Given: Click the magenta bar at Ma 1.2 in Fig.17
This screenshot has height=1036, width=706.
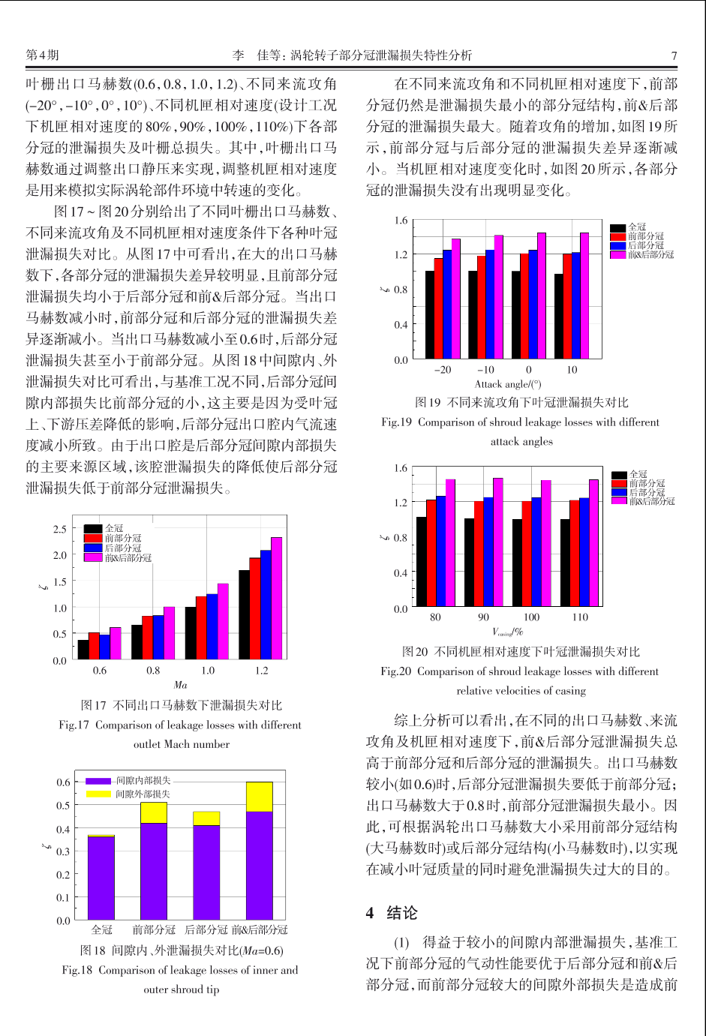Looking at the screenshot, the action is pyautogui.click(x=276, y=598).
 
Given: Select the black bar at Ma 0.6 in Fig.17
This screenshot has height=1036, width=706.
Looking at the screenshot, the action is pyautogui.click(x=83, y=650).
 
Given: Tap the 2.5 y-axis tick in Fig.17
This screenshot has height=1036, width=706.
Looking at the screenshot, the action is pyautogui.click(x=60, y=529).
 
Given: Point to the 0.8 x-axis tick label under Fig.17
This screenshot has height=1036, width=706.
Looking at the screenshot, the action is pyautogui.click(x=153, y=670).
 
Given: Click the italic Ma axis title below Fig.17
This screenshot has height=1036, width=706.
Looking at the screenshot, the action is pyautogui.click(x=180, y=684).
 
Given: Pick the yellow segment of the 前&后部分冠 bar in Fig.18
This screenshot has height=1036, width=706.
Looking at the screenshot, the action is pyautogui.click(x=260, y=797).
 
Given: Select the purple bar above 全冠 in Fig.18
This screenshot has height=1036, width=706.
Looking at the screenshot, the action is pyautogui.click(x=101, y=878).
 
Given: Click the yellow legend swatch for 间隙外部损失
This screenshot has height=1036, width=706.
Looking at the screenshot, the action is pyautogui.click(x=98, y=794).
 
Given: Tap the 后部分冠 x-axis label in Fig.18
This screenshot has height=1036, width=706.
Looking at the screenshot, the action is pyautogui.click(x=206, y=929).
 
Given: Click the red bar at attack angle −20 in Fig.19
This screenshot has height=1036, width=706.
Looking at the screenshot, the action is pyautogui.click(x=438, y=308).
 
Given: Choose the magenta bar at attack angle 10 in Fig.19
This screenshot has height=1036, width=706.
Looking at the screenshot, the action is pyautogui.click(x=584, y=296).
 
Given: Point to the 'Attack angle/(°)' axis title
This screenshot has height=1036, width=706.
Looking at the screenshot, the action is pyautogui.click(x=507, y=384).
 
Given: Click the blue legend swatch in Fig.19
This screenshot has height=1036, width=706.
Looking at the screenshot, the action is pyautogui.click(x=618, y=245).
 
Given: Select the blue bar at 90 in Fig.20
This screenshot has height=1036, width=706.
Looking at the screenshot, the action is pyautogui.click(x=488, y=551).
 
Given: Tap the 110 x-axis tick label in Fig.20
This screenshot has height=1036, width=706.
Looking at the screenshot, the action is pyautogui.click(x=580, y=617).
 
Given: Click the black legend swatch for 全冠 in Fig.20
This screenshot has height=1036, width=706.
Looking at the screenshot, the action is pyautogui.click(x=620, y=475).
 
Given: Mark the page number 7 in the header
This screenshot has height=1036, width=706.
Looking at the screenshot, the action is pyautogui.click(x=674, y=56).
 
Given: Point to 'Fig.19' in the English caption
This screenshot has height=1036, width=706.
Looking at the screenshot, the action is pyautogui.click(x=396, y=422).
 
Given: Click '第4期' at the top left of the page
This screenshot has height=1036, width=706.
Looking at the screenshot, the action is pyautogui.click(x=42, y=55).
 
